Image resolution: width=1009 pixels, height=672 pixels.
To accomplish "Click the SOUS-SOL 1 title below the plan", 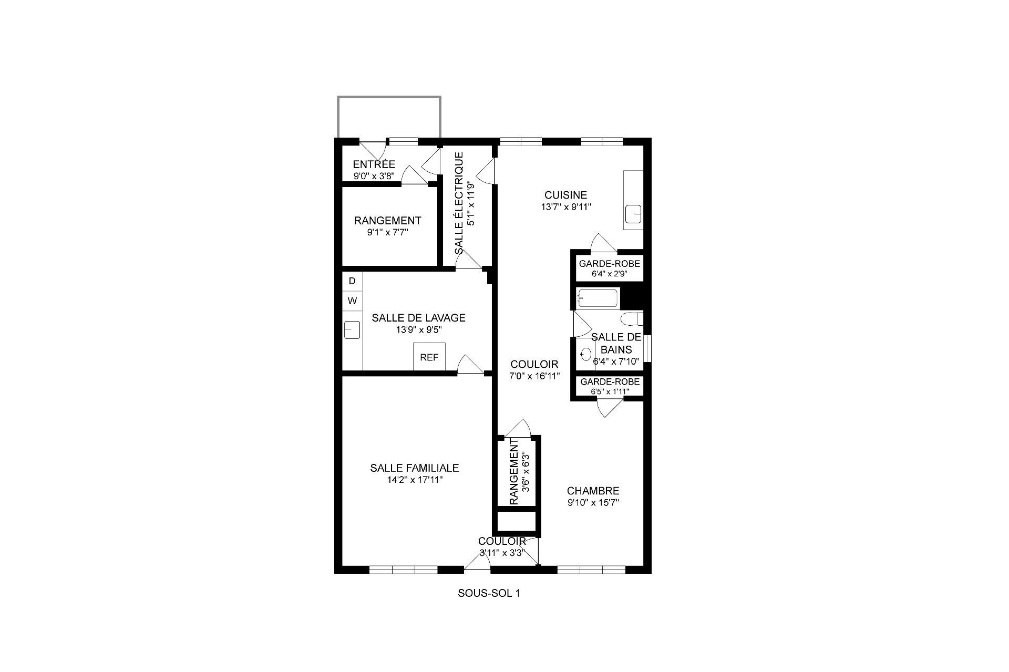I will tap(489, 594).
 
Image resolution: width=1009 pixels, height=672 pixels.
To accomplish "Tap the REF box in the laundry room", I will tap(429, 357).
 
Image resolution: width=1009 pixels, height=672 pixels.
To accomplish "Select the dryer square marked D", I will tap(352, 281).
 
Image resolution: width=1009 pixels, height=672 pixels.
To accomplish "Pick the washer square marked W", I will tap(352, 301).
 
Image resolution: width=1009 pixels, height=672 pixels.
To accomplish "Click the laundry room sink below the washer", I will tap(352, 330).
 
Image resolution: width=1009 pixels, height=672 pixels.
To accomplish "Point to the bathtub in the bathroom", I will tap(598, 299).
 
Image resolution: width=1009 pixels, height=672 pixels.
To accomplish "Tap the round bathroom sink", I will tap(585, 354).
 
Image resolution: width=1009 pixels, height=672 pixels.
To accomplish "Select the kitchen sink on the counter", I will tap(634, 214).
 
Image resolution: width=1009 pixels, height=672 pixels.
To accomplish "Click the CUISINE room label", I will tap(565, 195).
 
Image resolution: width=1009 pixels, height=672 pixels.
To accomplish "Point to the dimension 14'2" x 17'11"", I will tap(414, 480).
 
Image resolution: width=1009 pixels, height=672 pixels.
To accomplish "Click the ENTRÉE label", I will tap(374, 164).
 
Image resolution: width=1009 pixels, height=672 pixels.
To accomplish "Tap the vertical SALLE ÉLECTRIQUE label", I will tap(459, 203).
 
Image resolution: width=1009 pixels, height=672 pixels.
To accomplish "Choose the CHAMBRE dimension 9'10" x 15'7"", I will tap(593, 503).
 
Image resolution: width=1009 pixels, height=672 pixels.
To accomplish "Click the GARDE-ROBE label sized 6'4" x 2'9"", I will tap(609, 264).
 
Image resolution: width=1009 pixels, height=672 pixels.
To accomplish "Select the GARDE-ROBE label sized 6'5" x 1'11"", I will tap(610, 382).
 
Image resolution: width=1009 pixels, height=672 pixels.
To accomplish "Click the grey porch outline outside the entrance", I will tap(388, 97).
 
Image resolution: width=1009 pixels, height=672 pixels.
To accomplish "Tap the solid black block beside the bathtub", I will tap(632, 298).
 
